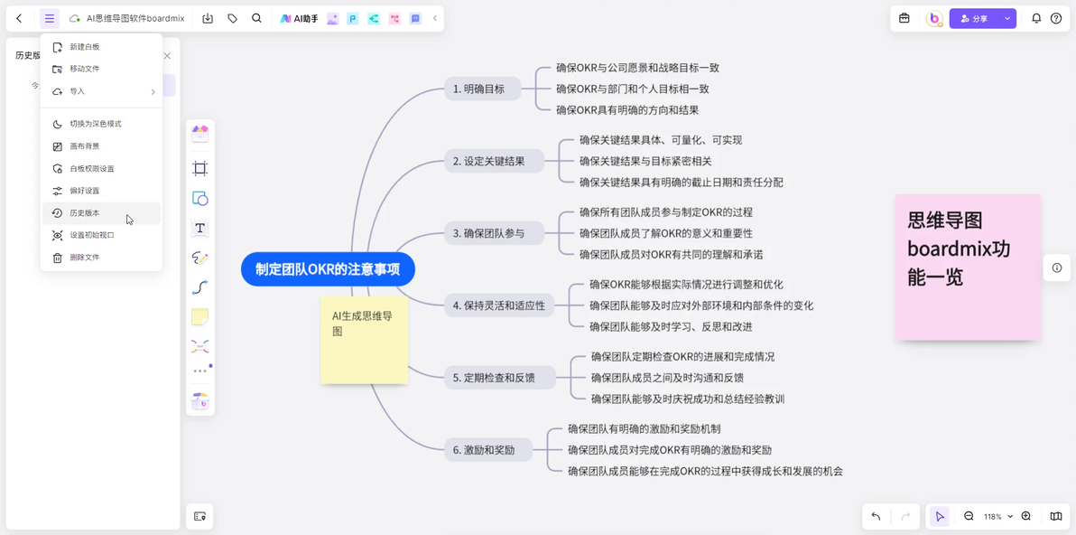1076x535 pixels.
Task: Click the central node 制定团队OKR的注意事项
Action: pos(328,269)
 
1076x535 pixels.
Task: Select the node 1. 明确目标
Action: pos(482,89)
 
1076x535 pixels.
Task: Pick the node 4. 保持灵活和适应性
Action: pos(499,305)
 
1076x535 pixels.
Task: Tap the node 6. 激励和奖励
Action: pos(488,451)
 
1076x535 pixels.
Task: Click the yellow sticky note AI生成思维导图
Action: pos(365,341)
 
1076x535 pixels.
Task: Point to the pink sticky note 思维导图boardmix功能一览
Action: pos(968,267)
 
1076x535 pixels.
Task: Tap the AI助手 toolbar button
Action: pos(299,19)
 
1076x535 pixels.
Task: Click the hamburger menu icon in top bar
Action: pos(50,19)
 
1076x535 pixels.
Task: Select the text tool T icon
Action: pos(200,228)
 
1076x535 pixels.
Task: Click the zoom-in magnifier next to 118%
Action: pos(1026,516)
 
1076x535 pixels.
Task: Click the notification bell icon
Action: pos(1036,19)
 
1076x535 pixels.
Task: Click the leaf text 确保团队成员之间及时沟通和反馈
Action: pos(668,378)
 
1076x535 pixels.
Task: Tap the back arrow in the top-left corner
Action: pos(19,19)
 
